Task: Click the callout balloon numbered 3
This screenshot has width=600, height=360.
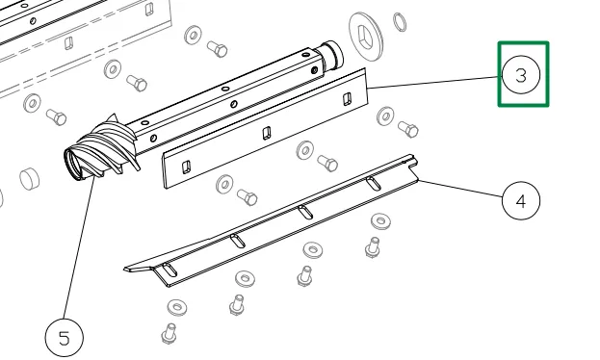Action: tap(521, 75)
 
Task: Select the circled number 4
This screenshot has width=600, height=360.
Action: tap(521, 200)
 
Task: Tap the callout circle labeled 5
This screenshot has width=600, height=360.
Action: tap(65, 338)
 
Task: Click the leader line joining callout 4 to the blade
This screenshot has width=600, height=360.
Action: tap(460, 189)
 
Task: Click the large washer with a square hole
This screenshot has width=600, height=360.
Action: tap(366, 37)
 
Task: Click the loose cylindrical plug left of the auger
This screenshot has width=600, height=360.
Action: tap(30, 178)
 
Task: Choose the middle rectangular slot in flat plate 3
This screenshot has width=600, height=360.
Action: tap(267, 133)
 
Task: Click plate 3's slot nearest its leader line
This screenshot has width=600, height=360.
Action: tap(347, 99)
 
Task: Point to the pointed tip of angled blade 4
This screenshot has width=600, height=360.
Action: tap(125, 270)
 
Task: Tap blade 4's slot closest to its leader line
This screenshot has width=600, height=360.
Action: tap(374, 183)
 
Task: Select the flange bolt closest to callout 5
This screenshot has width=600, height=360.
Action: tap(169, 333)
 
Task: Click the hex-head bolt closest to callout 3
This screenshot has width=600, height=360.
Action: tap(408, 129)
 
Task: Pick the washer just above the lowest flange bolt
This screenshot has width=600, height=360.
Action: tap(177, 307)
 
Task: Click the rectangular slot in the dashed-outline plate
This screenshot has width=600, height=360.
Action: tap(68, 43)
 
